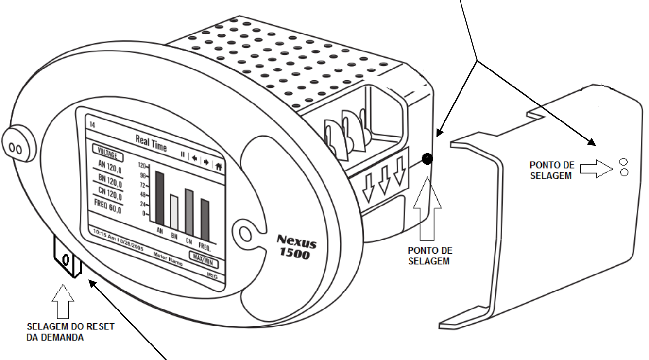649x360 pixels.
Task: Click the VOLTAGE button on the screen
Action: tap(108, 153)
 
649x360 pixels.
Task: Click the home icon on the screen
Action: tap(219, 166)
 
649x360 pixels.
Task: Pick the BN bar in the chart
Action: tap(174, 212)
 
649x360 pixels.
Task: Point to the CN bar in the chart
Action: tap(189, 212)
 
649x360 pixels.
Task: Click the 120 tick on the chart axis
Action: tap(142, 166)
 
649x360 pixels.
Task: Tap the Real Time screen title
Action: tap(151, 143)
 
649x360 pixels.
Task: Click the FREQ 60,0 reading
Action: tap(108, 206)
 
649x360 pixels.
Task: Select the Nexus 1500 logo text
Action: tap(296, 247)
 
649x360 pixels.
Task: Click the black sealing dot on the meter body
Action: tap(427, 159)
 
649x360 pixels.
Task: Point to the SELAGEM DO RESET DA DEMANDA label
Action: tap(70, 332)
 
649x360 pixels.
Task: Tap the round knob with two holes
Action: tap(18, 143)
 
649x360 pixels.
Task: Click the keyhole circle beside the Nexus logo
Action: tap(245, 234)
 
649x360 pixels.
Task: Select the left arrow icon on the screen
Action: tap(195, 158)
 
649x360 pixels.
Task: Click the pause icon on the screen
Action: tap(183, 154)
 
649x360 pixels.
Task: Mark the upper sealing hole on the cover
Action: tap(624, 162)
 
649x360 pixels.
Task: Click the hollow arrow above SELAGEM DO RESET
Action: tap(63, 301)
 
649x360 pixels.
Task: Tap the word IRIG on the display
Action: tap(212, 276)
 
